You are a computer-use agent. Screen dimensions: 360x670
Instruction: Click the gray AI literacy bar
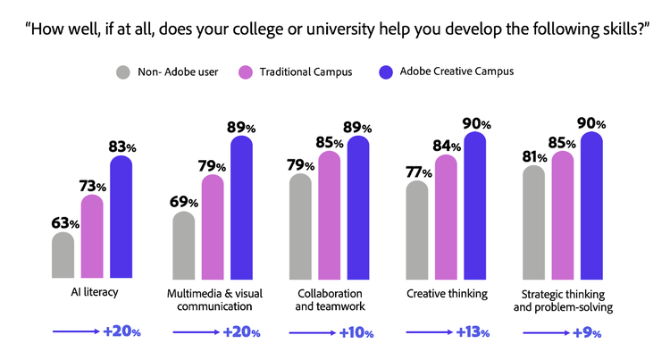63,255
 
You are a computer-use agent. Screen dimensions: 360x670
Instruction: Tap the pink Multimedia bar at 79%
213,227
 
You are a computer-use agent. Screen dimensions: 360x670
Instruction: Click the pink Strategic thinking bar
561,215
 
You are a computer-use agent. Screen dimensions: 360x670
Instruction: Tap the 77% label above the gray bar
418,172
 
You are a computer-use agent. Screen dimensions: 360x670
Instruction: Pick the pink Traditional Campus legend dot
247,71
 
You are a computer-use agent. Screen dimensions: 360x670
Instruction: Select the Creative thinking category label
444,293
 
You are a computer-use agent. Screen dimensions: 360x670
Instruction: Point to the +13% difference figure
472,332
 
